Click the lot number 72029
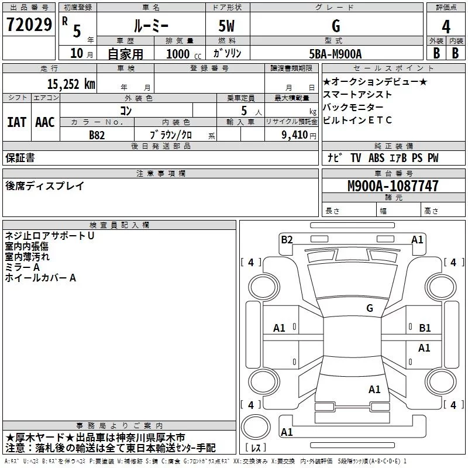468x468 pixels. point(29,25)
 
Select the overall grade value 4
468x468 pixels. point(446,27)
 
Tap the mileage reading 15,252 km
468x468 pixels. point(71,84)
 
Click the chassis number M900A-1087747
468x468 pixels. point(393,186)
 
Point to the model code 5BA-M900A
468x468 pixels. point(335,54)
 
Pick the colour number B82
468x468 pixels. point(97,135)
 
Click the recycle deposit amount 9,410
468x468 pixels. point(295,135)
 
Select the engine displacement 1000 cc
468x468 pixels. point(184,54)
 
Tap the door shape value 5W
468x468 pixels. point(226,26)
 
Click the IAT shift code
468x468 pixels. point(17,122)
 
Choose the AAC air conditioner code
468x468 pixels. point(45,122)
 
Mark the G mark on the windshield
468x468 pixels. point(370,308)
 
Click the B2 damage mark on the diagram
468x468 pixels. point(287,239)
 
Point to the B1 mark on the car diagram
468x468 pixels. point(425,328)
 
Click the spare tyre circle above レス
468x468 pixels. point(256,427)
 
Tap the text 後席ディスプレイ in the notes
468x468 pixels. point(45,186)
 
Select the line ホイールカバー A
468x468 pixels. point(40,278)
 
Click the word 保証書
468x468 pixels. point(20,157)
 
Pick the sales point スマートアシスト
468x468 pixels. point(357,94)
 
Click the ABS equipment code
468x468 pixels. point(376,157)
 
